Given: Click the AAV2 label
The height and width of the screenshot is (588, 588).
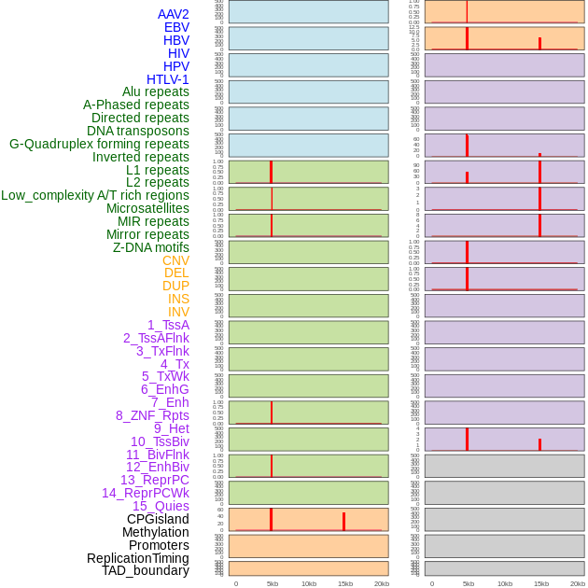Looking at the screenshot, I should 173,14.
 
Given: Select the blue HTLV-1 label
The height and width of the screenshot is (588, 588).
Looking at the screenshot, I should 167,79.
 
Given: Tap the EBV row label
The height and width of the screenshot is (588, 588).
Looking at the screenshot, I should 176,27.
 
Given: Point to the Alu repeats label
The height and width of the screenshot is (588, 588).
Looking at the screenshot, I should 155,91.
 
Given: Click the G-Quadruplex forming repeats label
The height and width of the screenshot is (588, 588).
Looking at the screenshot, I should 99,144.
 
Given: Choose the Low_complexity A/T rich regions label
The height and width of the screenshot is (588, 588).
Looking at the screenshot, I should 94,195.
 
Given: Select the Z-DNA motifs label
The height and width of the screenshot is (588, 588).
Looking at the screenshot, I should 150,247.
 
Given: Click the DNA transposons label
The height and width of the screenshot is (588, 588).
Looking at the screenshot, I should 137,131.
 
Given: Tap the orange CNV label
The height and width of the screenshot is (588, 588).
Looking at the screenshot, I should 175,260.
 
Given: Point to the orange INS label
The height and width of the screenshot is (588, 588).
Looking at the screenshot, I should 178,299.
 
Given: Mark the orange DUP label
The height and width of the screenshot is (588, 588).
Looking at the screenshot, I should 175,286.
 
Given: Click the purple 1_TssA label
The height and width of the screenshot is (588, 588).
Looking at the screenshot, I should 168,325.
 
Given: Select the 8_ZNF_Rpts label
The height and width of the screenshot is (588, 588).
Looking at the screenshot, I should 152,415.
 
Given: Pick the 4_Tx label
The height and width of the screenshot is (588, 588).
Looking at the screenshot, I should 175,364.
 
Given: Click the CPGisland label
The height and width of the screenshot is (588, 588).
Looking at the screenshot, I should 158,519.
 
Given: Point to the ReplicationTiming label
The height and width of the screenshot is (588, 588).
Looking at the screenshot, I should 137,558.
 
